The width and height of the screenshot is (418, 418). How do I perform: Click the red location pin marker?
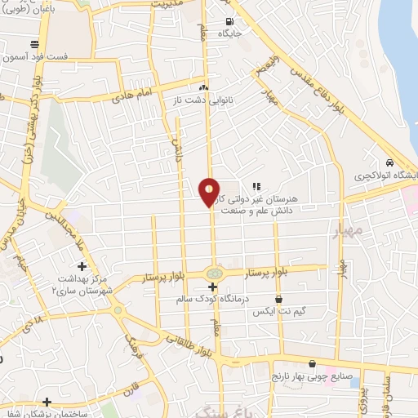(x=209, y=192)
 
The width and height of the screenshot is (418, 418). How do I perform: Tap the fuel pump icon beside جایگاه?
(x=229, y=21)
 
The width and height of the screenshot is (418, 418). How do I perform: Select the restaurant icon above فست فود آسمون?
(x=33, y=44)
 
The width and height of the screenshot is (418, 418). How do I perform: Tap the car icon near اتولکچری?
(x=392, y=162)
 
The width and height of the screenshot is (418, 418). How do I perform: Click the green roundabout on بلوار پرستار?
(x=214, y=273)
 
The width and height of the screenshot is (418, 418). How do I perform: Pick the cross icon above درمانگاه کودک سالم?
(x=213, y=287)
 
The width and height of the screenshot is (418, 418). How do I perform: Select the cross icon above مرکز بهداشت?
(x=82, y=267)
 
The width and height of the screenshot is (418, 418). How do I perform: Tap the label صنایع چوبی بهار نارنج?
(x=311, y=376)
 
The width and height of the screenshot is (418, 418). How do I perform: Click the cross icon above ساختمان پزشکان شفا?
(x=47, y=401)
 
